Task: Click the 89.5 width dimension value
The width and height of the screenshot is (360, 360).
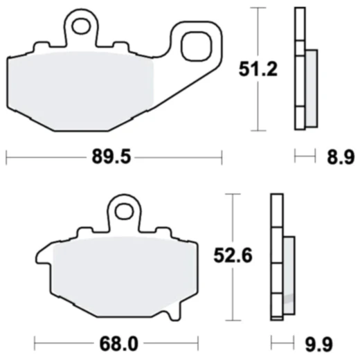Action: (111, 157)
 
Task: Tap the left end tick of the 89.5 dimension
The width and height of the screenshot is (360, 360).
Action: (6, 157)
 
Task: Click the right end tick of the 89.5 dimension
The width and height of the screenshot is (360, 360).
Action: (222, 157)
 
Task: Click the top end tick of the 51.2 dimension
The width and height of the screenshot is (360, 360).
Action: (259, 8)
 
